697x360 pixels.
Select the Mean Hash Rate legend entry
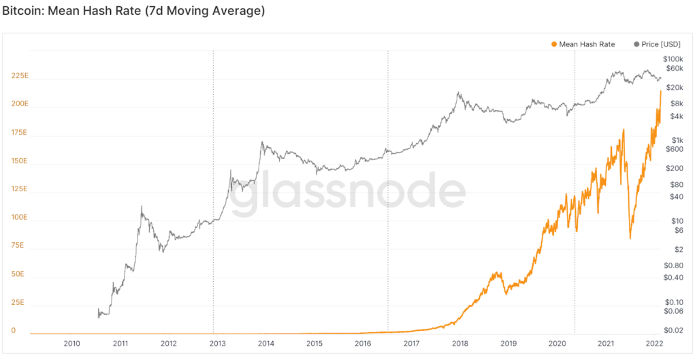(x=583, y=44)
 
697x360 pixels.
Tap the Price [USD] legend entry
(x=657, y=44)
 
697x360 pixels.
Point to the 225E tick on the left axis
(x=20, y=76)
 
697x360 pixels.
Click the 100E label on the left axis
(x=20, y=217)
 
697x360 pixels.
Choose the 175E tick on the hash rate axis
(x=20, y=133)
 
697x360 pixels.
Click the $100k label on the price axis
(x=672, y=59)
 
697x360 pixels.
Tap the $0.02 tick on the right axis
(x=672, y=330)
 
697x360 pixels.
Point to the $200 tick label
(x=675, y=168)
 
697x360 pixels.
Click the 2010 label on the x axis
(x=71, y=343)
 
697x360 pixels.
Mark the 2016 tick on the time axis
(x=363, y=343)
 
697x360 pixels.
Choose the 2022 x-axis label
(x=654, y=343)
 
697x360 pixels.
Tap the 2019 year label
(x=508, y=343)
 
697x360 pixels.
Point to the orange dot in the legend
(x=554, y=44)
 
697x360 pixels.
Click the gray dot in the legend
(x=636, y=44)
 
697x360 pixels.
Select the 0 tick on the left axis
(x=14, y=330)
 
